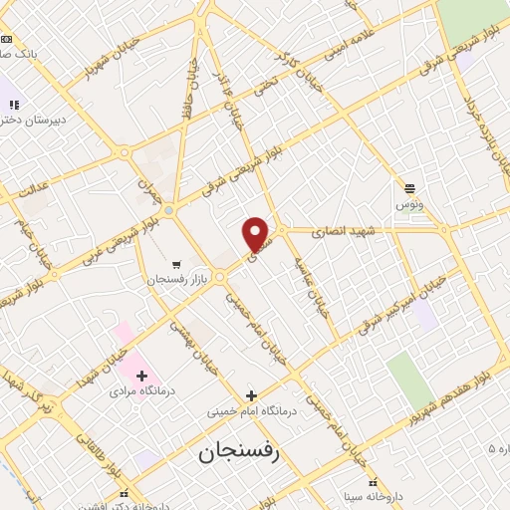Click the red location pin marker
[x=256, y=234]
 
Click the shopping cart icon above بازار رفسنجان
[x=176, y=265]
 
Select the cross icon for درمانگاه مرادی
[x=141, y=376]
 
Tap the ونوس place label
[x=409, y=203]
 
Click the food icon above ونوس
[x=409, y=186]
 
